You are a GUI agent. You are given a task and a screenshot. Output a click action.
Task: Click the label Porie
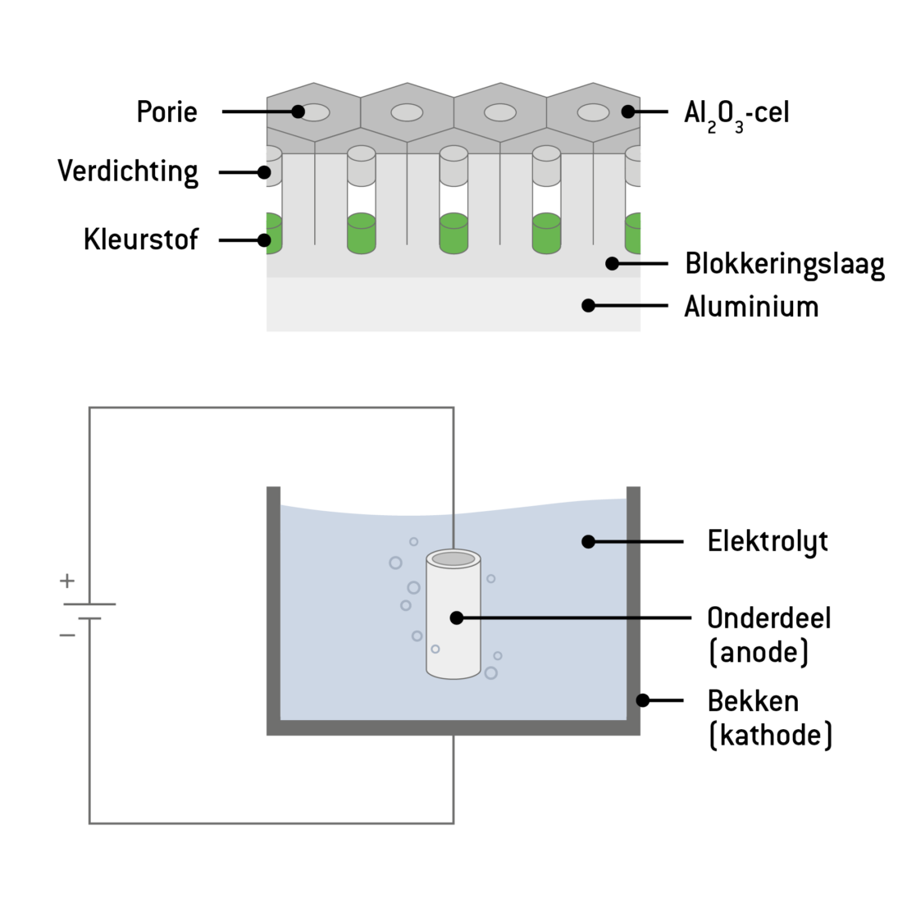coord(166,112)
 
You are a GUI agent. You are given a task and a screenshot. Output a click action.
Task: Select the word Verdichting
coord(128,172)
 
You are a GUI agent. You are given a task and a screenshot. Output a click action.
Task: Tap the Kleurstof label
coord(141,239)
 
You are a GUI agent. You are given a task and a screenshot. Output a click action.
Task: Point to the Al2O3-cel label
coord(736,113)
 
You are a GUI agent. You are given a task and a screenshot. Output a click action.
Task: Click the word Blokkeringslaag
coord(785,265)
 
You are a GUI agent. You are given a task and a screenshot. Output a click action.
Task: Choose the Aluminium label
coord(751,307)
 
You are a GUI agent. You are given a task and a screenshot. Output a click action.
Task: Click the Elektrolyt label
coord(768,542)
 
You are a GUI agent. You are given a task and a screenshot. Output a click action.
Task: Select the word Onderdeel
coord(769,618)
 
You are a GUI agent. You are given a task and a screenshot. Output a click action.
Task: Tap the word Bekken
coord(753,702)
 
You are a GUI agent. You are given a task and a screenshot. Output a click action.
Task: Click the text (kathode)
coord(770,735)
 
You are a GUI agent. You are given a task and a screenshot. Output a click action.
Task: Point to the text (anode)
coord(759,653)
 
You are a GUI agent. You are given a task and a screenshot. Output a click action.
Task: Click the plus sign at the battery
coord(67,581)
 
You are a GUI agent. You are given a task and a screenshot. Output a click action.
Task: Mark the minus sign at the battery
coord(67,635)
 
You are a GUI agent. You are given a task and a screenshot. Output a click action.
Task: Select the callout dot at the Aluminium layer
coord(588,305)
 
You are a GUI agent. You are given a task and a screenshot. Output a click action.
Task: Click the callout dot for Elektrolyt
coord(588,541)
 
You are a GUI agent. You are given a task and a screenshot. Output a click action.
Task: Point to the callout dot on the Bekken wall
coord(643,700)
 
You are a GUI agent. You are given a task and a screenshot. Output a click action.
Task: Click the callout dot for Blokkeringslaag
coord(612,263)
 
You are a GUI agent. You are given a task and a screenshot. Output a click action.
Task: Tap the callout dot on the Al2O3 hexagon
coord(627,112)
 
